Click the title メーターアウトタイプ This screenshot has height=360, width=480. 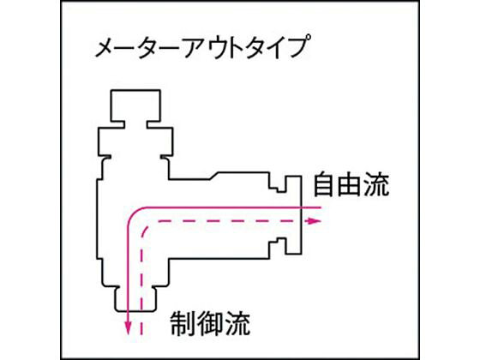click(201, 46)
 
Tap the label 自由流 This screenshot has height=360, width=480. click(351, 184)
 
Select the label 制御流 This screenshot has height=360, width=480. click(210, 324)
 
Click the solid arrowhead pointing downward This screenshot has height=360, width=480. click(129, 328)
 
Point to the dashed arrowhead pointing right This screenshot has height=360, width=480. click(314, 221)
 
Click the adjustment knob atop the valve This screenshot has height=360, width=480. click(135, 105)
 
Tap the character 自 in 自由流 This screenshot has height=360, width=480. click(324, 184)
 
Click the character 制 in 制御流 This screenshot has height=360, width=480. click(183, 324)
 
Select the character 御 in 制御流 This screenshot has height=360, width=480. click(210, 324)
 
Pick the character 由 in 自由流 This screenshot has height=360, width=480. click(351, 184)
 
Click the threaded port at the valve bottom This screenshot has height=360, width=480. click(135, 298)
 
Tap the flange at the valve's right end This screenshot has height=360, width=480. click(293, 215)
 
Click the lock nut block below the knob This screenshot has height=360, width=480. click(135, 141)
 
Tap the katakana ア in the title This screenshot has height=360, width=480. click(196, 48)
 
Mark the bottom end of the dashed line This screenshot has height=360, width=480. click(141, 335)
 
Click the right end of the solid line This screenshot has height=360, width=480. click(321, 207)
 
